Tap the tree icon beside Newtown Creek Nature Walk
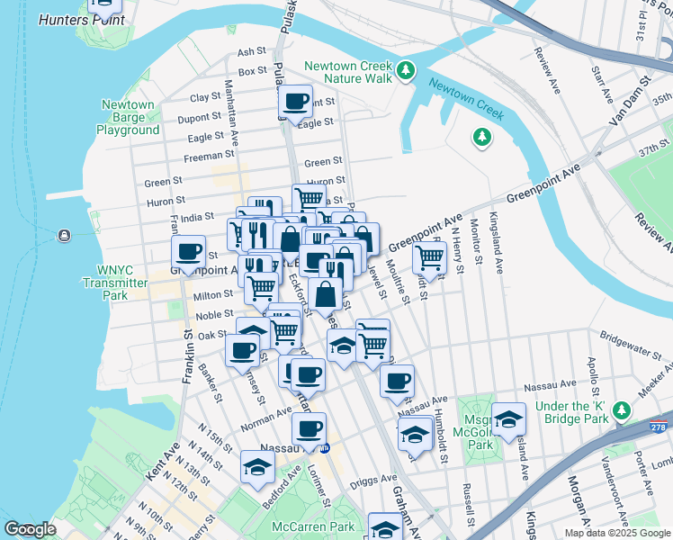point(406,69)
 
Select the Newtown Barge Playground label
point(130,118)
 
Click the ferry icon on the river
point(64,236)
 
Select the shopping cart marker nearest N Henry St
point(430,258)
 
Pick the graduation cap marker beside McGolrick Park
point(508,417)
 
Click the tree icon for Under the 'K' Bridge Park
point(621,411)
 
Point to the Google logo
point(30,529)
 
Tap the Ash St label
point(247,53)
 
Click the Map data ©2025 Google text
point(616,533)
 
